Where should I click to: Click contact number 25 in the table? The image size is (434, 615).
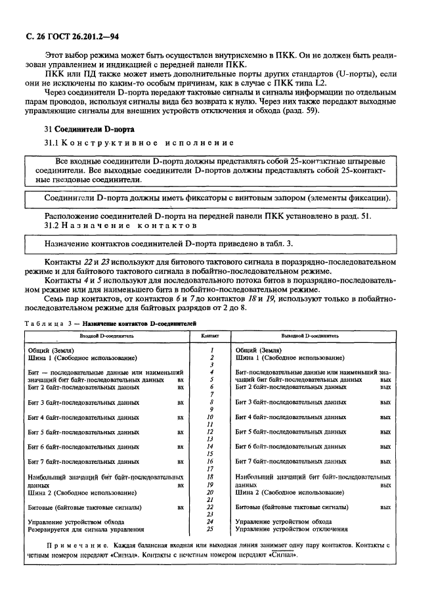click(x=210, y=529)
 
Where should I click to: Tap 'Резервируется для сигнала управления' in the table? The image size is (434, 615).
click(x=86, y=529)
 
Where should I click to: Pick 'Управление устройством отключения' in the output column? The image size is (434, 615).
click(x=292, y=529)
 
